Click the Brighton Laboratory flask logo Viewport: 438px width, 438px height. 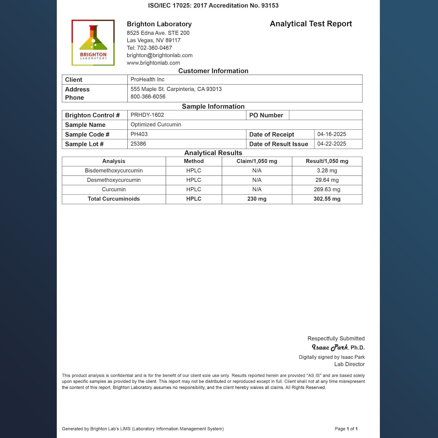93,43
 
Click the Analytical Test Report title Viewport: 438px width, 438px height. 311,24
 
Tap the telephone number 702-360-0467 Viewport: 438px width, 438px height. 154,48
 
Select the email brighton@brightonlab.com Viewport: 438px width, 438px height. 159,55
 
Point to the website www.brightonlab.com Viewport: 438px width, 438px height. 153,63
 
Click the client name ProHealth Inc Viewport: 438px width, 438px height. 147,79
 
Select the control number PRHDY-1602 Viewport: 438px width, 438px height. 147,115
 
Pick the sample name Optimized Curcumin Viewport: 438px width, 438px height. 156,125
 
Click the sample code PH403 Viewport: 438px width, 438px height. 139,134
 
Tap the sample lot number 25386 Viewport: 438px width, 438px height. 138,144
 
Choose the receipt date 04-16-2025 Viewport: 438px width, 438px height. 331,134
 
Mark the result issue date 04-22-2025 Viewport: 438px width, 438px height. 331,144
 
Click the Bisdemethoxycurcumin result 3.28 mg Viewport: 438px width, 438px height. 327,171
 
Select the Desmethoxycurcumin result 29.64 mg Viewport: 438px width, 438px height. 327,180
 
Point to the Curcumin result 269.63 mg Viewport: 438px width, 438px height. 327,190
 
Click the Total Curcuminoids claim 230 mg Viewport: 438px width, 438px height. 257,199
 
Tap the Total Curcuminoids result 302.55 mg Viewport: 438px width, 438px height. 327,199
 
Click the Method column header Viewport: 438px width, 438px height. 194,161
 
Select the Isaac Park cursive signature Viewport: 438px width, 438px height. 330,347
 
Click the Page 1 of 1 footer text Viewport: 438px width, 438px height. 346,429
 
